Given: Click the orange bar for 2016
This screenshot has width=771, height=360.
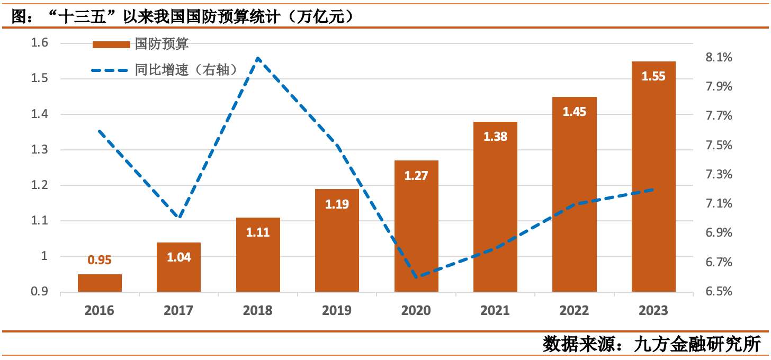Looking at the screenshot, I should [100, 283].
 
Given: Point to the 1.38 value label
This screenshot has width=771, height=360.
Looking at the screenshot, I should [495, 137].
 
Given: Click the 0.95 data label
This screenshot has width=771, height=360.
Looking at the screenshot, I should [100, 260].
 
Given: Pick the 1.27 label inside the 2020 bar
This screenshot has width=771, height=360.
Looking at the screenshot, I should [416, 176].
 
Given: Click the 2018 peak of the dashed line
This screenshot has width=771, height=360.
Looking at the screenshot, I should [258, 58].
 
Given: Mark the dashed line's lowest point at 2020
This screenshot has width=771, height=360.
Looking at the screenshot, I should [416, 277].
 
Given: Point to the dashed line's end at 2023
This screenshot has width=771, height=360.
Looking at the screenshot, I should [653, 190].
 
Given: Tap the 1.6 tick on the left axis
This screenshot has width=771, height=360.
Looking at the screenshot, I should [40, 43].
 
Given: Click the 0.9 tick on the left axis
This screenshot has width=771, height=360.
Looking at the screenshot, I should [40, 292].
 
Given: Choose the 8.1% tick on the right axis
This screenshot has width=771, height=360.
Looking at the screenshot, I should [719, 57].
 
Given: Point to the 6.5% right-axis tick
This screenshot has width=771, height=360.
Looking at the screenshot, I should [719, 292].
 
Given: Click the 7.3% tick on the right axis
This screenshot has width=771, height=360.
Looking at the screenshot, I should [719, 175].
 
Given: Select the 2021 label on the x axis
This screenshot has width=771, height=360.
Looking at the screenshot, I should [495, 310].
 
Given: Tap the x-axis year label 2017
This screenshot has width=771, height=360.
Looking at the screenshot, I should [178, 310].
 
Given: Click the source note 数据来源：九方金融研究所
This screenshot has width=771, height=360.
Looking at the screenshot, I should [652, 344].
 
